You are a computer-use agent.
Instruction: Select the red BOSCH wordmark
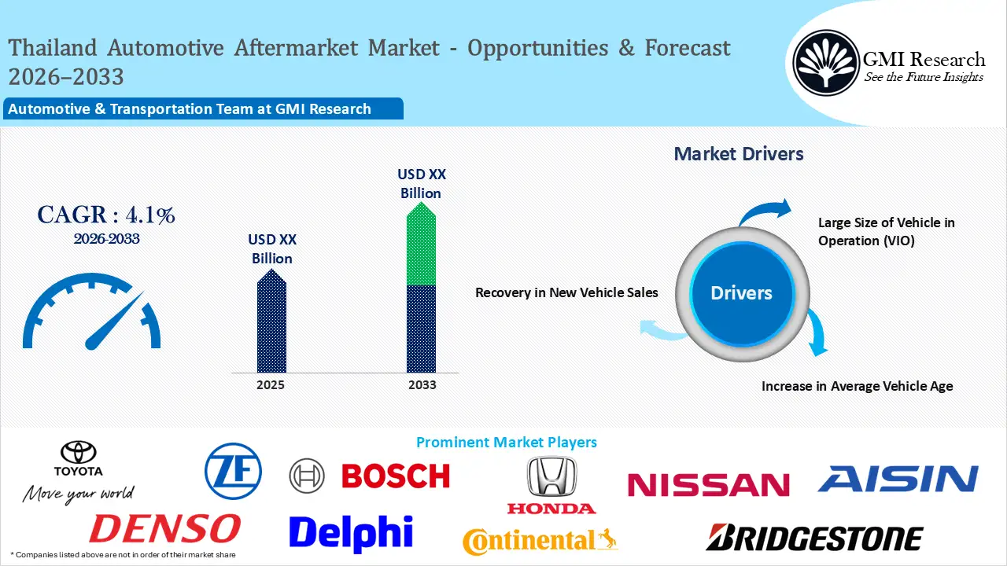click(x=395, y=476)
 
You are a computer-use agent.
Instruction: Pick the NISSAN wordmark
click(x=708, y=484)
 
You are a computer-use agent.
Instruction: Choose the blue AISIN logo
click(x=898, y=478)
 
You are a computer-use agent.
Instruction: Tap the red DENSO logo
click(x=164, y=529)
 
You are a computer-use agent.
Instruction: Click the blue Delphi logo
click(x=351, y=532)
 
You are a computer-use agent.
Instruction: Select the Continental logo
click(x=540, y=541)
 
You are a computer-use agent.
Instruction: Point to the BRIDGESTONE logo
click(x=814, y=538)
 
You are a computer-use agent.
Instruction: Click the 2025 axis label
click(x=271, y=385)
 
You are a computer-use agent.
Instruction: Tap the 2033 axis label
click(x=421, y=385)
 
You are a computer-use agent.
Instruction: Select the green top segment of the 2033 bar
click(x=421, y=248)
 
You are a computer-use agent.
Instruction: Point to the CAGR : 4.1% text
click(x=106, y=215)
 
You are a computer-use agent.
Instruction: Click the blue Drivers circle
click(x=741, y=293)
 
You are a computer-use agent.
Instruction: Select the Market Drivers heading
click(x=739, y=154)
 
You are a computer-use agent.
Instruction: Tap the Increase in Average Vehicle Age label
click(x=857, y=386)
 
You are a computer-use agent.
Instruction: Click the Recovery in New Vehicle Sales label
click(x=566, y=292)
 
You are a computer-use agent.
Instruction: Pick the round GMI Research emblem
click(x=825, y=62)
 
